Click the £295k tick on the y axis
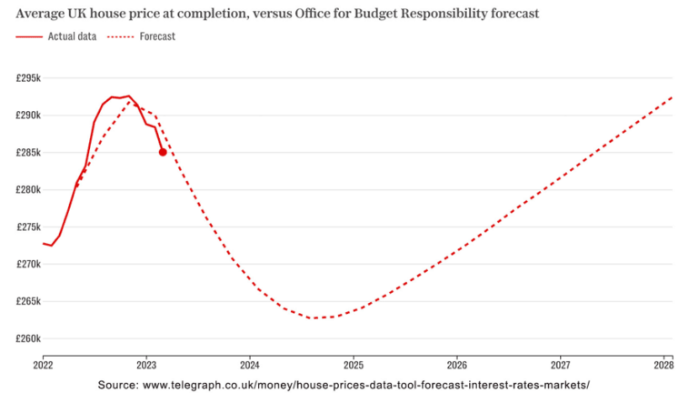click(x=28, y=78)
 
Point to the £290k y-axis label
click(x=28, y=116)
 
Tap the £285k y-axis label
click(x=28, y=153)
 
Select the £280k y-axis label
click(x=28, y=190)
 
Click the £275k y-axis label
click(x=28, y=227)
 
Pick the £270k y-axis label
click(x=28, y=265)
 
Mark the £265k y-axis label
click(x=28, y=301)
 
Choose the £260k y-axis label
click(x=28, y=338)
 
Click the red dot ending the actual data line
click(x=163, y=152)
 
